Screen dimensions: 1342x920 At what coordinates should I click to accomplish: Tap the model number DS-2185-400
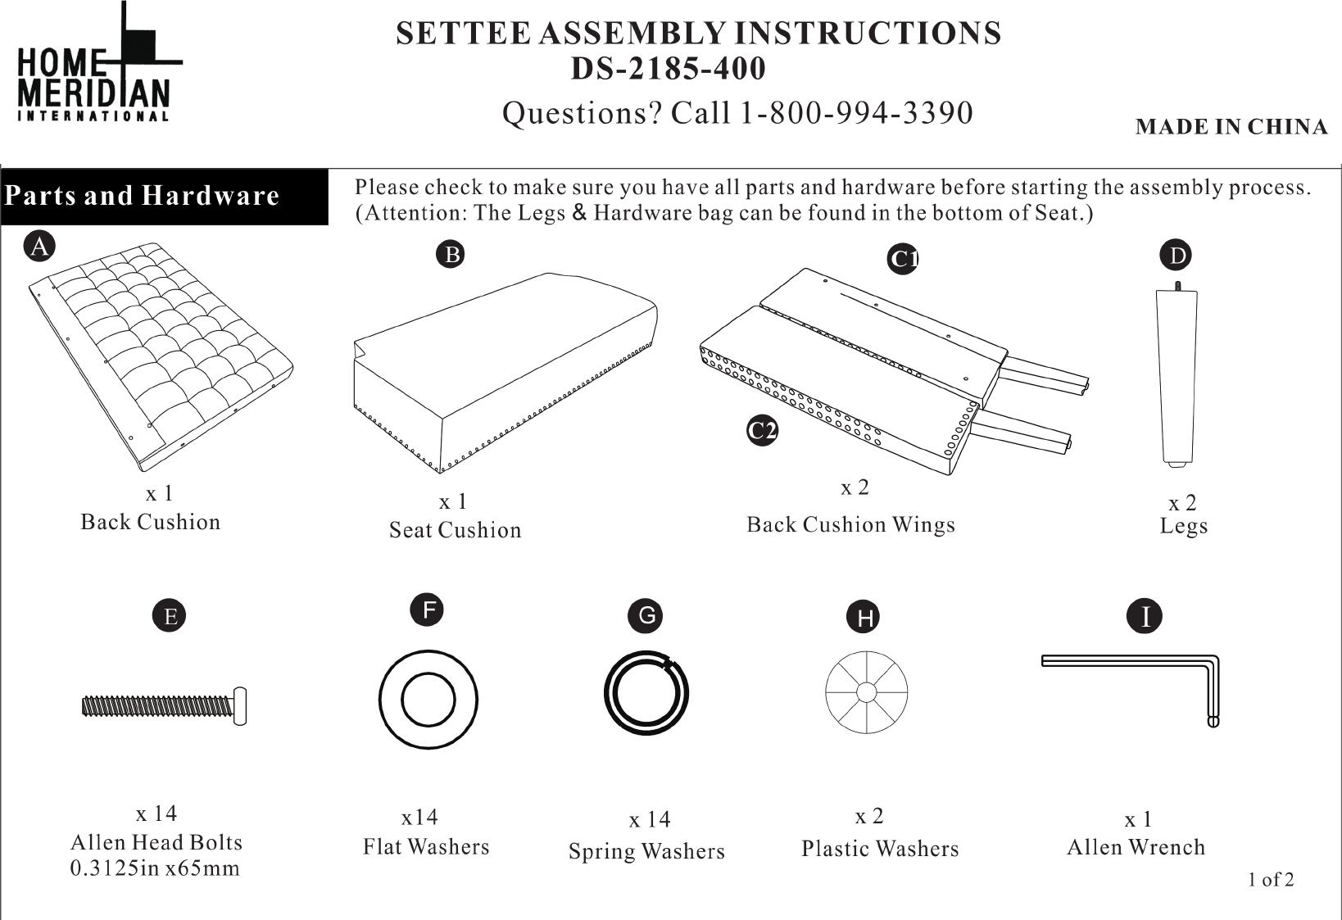[x=668, y=68]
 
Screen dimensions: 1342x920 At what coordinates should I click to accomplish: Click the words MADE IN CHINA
[x=1231, y=127]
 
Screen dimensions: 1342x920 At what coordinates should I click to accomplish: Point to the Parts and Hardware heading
[x=142, y=196]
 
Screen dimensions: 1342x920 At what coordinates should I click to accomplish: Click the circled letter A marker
[x=39, y=246]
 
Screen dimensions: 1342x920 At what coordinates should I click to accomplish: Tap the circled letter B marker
[x=451, y=254]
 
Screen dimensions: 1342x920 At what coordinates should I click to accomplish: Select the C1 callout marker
[x=903, y=259]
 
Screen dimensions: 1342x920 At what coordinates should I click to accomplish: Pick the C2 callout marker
[x=762, y=430]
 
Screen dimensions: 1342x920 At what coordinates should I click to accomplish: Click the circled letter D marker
[x=1176, y=255]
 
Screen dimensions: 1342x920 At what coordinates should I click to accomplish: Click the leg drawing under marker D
[x=1177, y=374]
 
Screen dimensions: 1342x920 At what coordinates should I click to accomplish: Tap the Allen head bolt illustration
[x=164, y=706]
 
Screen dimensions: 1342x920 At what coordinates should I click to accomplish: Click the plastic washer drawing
[x=866, y=691]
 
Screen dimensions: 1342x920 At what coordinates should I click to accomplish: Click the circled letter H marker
[x=864, y=617]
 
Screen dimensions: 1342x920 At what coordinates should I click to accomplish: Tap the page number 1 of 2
[x=1271, y=879]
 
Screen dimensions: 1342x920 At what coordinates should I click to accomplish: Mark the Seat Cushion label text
[x=456, y=530]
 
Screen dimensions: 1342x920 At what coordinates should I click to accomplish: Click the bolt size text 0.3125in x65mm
[x=155, y=868]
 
